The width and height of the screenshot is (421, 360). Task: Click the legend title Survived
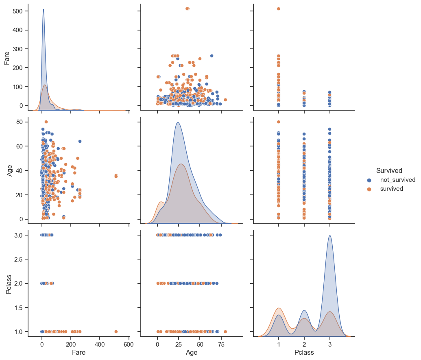389,170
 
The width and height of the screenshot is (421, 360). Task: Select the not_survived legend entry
397,180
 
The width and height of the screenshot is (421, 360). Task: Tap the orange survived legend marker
369,189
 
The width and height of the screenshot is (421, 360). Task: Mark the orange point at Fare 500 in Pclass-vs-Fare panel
116,332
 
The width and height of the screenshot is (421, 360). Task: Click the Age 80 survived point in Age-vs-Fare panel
46,122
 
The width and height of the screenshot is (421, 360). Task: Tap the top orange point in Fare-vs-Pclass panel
279,9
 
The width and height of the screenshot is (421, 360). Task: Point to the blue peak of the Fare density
44,9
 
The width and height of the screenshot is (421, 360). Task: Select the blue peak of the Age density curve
178,122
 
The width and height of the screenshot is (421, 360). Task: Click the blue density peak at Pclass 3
329,236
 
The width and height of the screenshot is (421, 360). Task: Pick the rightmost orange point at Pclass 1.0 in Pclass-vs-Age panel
225,332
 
